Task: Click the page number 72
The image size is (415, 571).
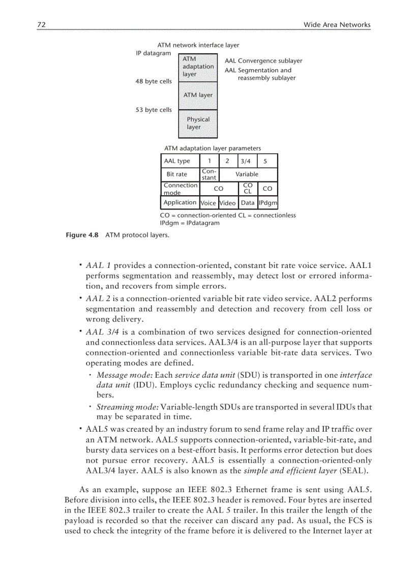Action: (42, 24)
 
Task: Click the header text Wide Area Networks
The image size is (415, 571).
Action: (337, 24)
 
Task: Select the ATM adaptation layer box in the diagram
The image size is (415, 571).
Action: (198, 67)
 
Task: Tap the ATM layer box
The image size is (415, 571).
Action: (198, 95)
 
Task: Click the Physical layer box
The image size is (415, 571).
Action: (198, 123)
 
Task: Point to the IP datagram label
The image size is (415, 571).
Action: (154, 53)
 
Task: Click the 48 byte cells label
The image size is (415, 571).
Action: (154, 81)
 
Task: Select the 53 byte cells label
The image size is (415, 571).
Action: (154, 110)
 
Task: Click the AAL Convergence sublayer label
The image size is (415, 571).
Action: (263, 61)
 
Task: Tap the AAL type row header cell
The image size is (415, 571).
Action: (179, 161)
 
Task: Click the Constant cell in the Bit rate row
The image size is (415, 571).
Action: (209, 174)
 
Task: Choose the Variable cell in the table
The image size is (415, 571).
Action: (247, 174)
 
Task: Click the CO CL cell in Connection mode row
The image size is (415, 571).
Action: (247, 189)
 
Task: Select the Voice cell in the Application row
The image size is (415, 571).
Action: (209, 203)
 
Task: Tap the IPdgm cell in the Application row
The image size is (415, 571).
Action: (268, 203)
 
